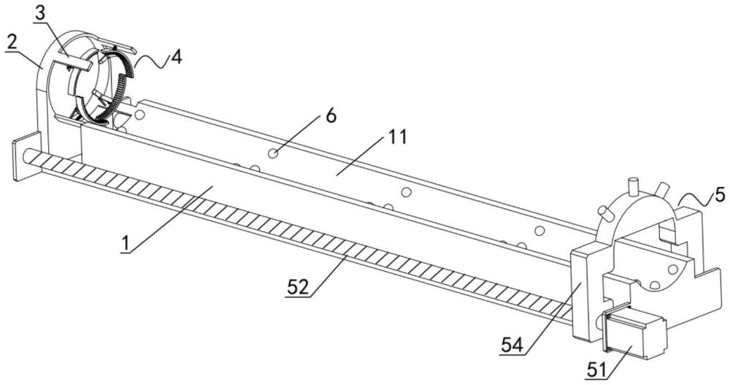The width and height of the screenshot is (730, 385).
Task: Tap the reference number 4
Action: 176,56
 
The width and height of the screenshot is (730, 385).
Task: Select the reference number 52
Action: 298,287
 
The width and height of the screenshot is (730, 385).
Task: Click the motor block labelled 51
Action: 634,333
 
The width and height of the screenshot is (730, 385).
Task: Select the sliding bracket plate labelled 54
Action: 585,292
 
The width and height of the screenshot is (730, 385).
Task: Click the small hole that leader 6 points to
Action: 273,153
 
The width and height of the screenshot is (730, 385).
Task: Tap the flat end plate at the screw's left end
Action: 25,156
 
